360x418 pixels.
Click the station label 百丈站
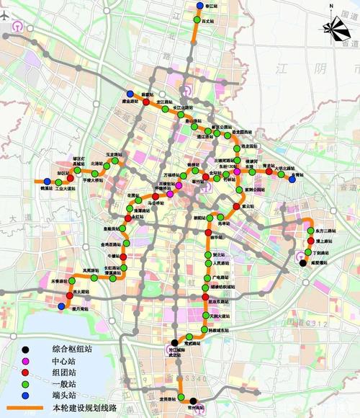coord(208,22)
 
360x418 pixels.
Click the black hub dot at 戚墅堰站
coord(302,263)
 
